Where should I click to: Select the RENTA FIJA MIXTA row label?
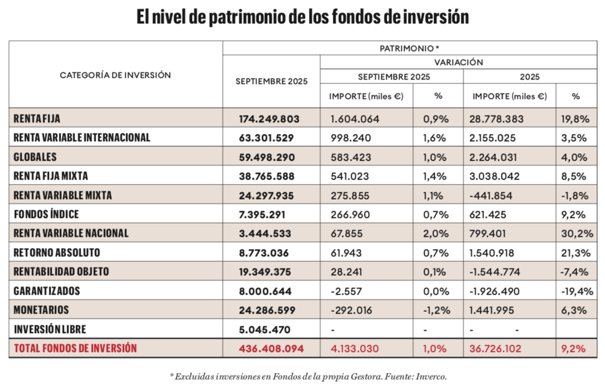pyautogui.click(x=51, y=176)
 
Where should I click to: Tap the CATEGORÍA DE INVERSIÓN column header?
pyautogui.click(x=115, y=75)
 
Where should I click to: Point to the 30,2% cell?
pyautogui.click(x=574, y=234)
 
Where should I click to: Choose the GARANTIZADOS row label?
pyautogui.click(x=47, y=291)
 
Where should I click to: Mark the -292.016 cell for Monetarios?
pyautogui.click(x=351, y=310)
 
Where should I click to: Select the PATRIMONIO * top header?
pyautogui.click(x=409, y=48)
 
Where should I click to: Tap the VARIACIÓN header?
pyautogui.click(x=458, y=62)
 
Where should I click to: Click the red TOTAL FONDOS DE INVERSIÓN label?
pyautogui.click(x=75, y=349)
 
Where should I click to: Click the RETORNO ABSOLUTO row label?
pyautogui.click(x=57, y=252)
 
